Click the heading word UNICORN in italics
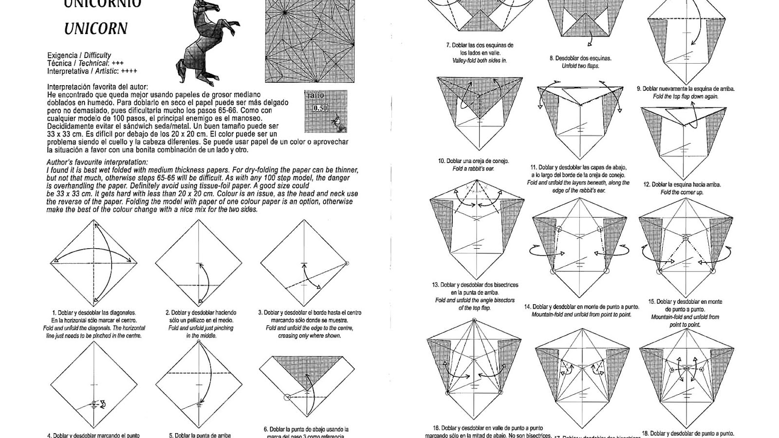coord(95,28)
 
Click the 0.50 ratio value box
coord(320,109)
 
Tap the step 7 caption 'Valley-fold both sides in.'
coord(480,60)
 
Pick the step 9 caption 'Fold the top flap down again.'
coord(686,96)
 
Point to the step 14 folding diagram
coord(579,248)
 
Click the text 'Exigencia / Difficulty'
coord(79,55)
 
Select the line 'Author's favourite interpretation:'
coord(97,162)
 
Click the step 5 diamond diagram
coord(199,384)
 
